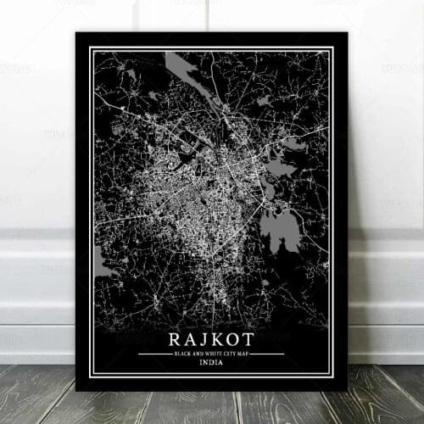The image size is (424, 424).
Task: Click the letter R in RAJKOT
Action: (174, 338)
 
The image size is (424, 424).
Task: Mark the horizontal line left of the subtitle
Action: (153, 353)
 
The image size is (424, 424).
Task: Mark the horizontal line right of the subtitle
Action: (268, 353)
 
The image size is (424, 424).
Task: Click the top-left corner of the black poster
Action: (76, 33)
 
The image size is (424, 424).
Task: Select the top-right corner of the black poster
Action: (348, 33)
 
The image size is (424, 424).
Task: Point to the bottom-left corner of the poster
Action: (76, 391)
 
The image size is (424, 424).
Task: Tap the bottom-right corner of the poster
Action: (348, 391)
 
